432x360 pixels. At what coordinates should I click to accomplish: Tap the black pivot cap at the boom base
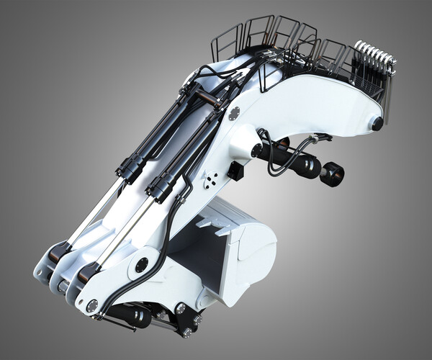tap(377, 123)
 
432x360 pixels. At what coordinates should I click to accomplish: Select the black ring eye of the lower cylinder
tap(333, 174)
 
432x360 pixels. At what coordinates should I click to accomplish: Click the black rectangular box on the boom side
tap(235, 171)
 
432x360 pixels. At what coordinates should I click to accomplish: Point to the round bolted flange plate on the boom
tap(234, 114)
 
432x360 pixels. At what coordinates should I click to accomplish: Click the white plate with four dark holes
tap(211, 181)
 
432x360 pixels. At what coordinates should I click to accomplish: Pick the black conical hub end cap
tap(256, 150)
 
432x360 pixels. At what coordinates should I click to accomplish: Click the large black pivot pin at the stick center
tap(142, 264)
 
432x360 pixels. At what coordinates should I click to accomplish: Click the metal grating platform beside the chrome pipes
tap(368, 86)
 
